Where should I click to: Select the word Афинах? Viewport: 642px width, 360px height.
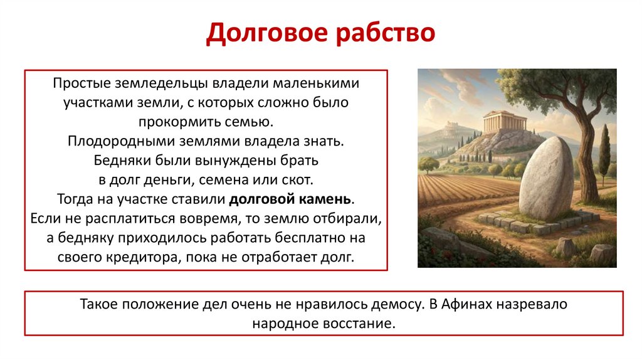click(465, 305)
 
